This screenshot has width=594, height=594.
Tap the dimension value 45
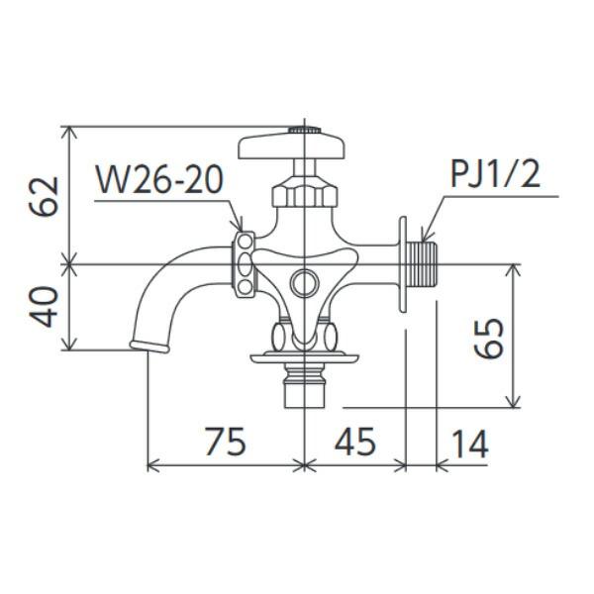click(x=354, y=443)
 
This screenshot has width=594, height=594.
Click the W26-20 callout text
click(x=159, y=181)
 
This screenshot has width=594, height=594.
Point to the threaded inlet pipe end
click(x=427, y=264)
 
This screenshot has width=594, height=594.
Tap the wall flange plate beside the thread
click(x=404, y=264)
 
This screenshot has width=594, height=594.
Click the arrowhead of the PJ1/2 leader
click(x=423, y=239)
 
